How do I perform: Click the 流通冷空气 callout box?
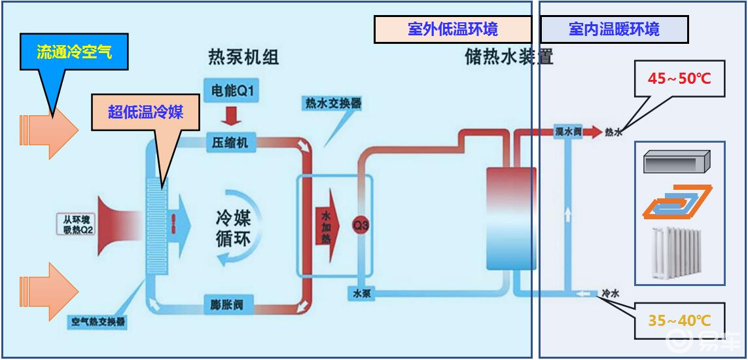click(73, 52)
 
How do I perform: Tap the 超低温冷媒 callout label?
click(145, 111)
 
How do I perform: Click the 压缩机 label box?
click(230, 143)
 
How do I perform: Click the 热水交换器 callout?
click(332, 103)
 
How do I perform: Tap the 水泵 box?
click(362, 294)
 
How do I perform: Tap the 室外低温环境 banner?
click(452, 29)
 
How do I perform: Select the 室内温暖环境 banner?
click(614, 29)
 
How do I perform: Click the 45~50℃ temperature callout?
click(679, 79)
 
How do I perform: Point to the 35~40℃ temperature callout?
click(679, 320)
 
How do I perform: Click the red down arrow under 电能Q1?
click(232, 115)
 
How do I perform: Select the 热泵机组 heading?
click(243, 58)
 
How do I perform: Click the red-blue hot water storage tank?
click(510, 218)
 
